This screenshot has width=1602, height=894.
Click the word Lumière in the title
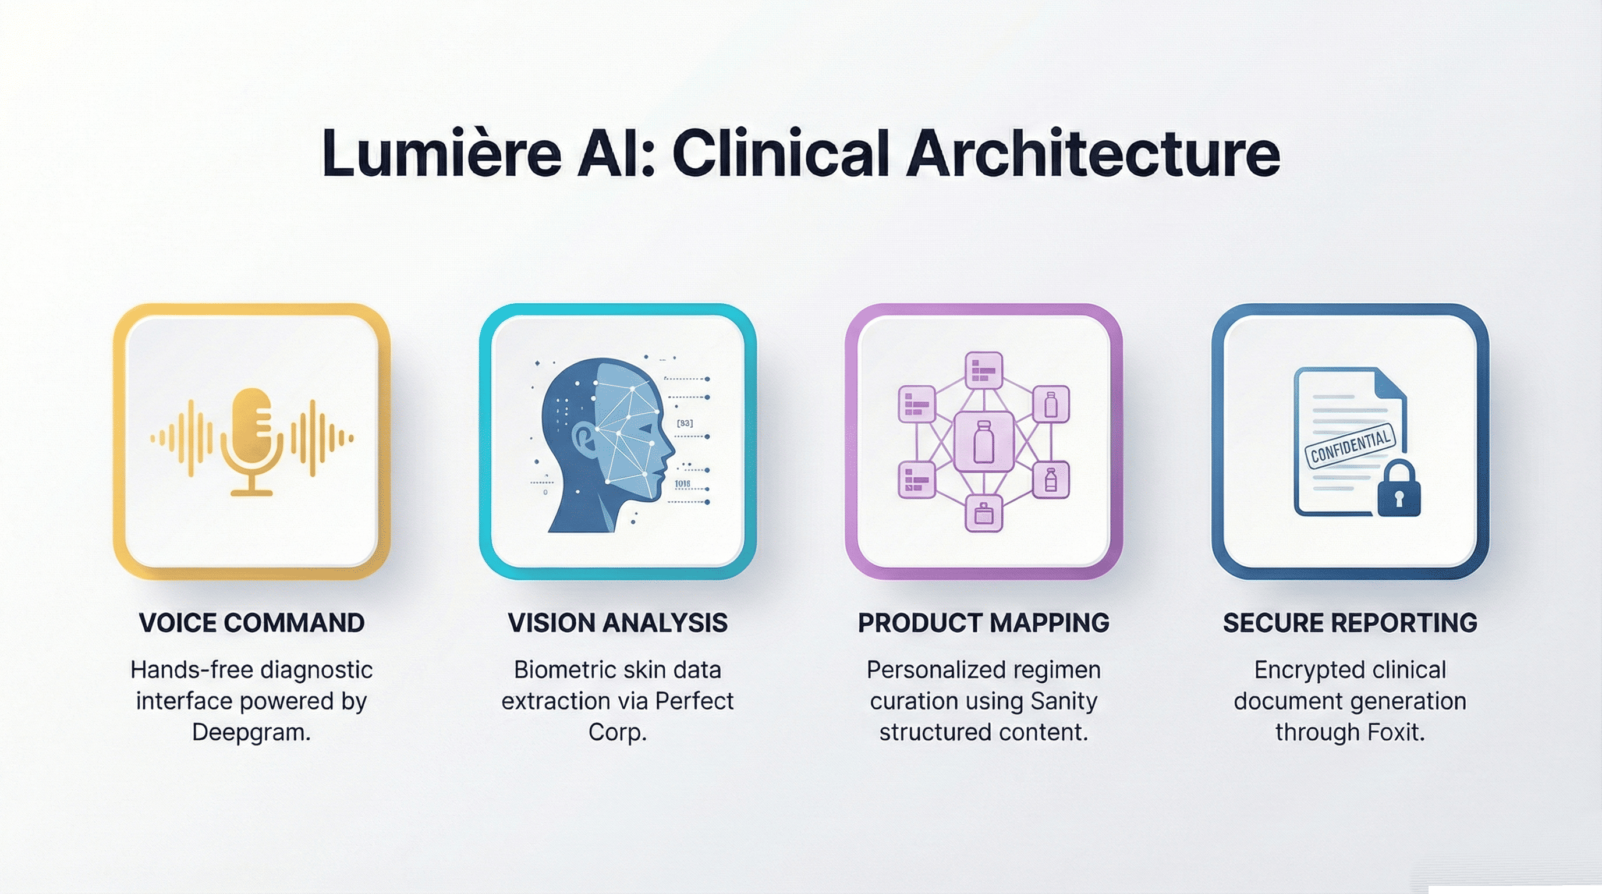pyautogui.click(x=442, y=153)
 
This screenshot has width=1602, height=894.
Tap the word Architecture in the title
pyautogui.click(x=1093, y=153)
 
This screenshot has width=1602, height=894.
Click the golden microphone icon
pyautogui.click(x=251, y=442)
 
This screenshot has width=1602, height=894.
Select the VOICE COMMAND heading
pyautogui.click(x=251, y=623)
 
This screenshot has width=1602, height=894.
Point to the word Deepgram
pyautogui.click(x=251, y=732)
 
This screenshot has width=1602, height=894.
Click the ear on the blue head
pyautogui.click(x=584, y=438)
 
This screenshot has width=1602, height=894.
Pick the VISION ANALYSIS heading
pyautogui.click(x=618, y=623)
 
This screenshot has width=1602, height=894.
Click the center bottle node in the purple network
pyautogui.click(x=983, y=441)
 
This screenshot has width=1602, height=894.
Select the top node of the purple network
pyautogui.click(x=983, y=371)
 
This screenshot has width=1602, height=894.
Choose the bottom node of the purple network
pyautogui.click(x=983, y=513)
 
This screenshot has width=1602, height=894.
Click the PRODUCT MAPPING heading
pyautogui.click(x=983, y=623)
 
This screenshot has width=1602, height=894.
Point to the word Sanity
pyautogui.click(x=1064, y=701)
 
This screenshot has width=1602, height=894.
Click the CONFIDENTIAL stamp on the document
pyautogui.click(x=1350, y=446)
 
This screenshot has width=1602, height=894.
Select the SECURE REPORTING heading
pyautogui.click(x=1350, y=623)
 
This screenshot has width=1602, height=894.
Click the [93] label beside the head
pyautogui.click(x=685, y=423)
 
